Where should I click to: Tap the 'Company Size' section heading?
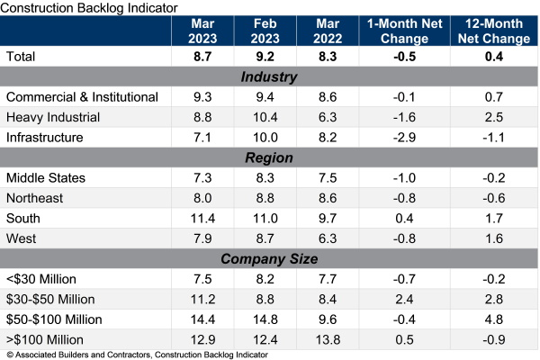(x=269, y=259)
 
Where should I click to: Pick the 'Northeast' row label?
(x=37, y=198)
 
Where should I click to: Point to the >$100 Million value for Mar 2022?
(x=335, y=339)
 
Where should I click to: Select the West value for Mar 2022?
(x=335, y=238)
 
